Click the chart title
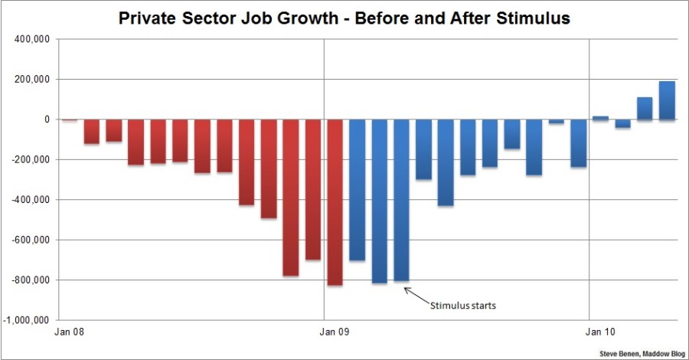pos(344,18)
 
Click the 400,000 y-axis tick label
pos(32,39)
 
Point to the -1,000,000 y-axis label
pos(28,319)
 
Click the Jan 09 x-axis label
pos(334,332)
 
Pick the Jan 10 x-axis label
pos(599,332)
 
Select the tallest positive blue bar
pos(667,100)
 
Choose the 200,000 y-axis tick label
pos(32,80)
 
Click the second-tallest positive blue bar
pos(645,108)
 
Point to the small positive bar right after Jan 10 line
pos(600,118)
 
